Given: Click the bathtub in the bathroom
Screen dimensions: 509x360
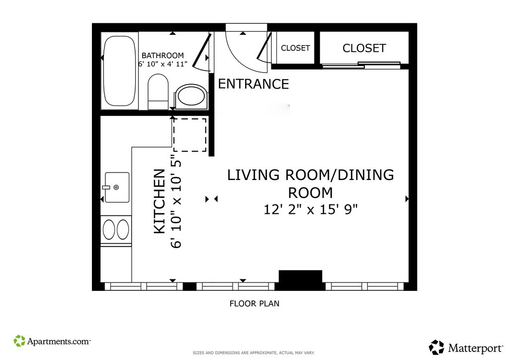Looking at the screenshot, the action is (x=119, y=71).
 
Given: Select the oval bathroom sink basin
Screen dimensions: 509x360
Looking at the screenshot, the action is (x=191, y=95).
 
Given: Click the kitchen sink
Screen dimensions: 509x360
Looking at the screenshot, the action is (x=117, y=187).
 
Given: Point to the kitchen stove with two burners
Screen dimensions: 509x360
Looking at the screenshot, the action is (x=116, y=230).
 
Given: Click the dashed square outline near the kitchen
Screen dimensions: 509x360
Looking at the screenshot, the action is (x=190, y=135).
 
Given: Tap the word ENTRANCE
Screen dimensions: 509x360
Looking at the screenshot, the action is (x=254, y=84).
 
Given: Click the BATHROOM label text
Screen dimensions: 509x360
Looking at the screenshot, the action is (x=163, y=56).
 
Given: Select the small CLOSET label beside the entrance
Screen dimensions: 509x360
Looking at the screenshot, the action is (x=295, y=48).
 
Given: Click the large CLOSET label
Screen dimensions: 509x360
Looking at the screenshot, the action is (x=364, y=48).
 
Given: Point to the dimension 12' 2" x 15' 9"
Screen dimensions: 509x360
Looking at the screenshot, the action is (x=310, y=209).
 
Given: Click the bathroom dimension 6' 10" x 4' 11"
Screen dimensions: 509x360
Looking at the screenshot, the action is (x=163, y=64).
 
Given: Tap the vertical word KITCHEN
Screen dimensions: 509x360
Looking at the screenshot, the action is (x=160, y=201).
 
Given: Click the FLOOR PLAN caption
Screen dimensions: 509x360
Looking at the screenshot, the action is (x=254, y=303).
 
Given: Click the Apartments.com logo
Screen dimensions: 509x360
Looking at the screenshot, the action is (x=52, y=341).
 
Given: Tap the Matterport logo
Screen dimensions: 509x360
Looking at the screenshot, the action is (x=466, y=348).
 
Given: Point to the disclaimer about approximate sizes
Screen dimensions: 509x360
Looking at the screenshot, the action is (x=254, y=353).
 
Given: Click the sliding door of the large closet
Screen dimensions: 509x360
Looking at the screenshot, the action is (x=361, y=65).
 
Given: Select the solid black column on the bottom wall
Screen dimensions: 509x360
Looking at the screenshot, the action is (x=301, y=280).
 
